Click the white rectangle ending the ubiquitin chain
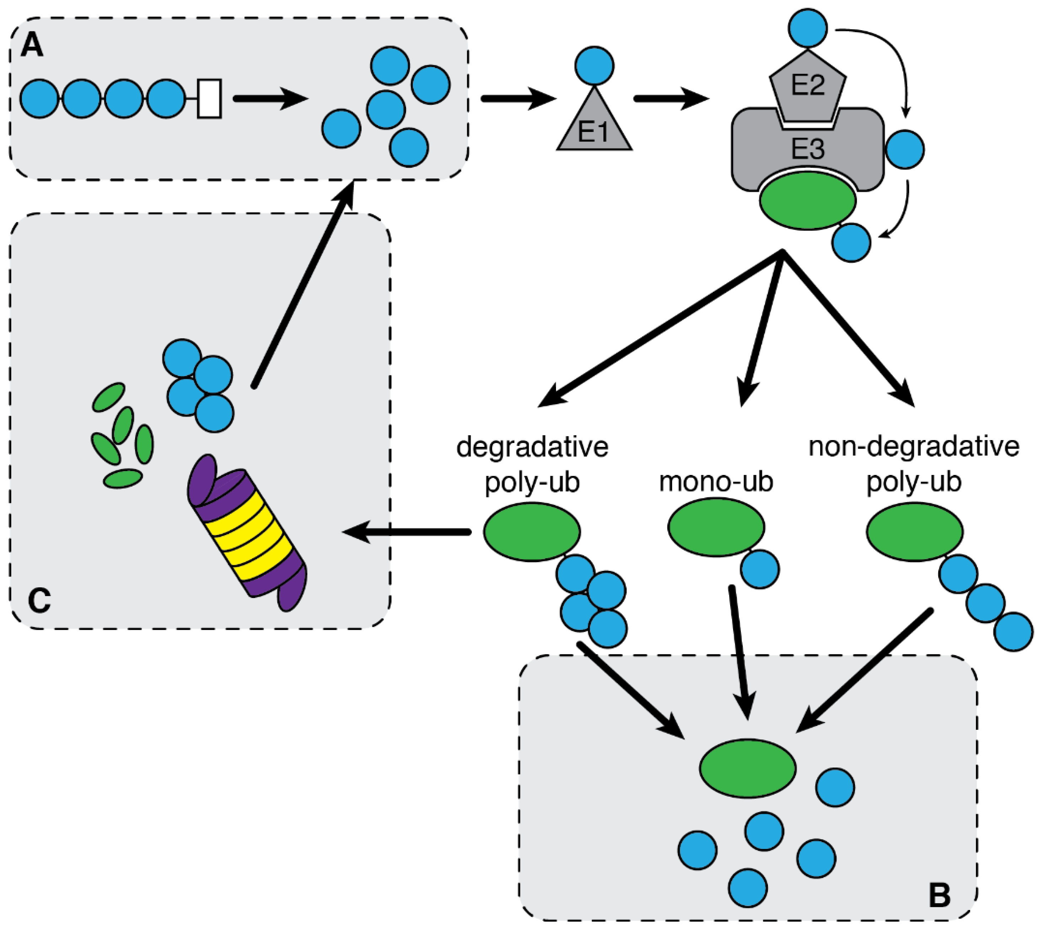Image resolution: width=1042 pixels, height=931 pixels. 209,99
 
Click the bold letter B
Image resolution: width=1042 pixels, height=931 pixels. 939,895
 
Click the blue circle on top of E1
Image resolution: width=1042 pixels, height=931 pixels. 594,65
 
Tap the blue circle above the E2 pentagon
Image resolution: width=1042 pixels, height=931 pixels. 807,28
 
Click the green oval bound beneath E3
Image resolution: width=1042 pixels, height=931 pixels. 807,200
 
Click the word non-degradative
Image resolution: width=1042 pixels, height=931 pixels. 914,446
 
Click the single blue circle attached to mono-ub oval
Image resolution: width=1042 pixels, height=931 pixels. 760,569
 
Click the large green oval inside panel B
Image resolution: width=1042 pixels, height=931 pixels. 747,768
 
